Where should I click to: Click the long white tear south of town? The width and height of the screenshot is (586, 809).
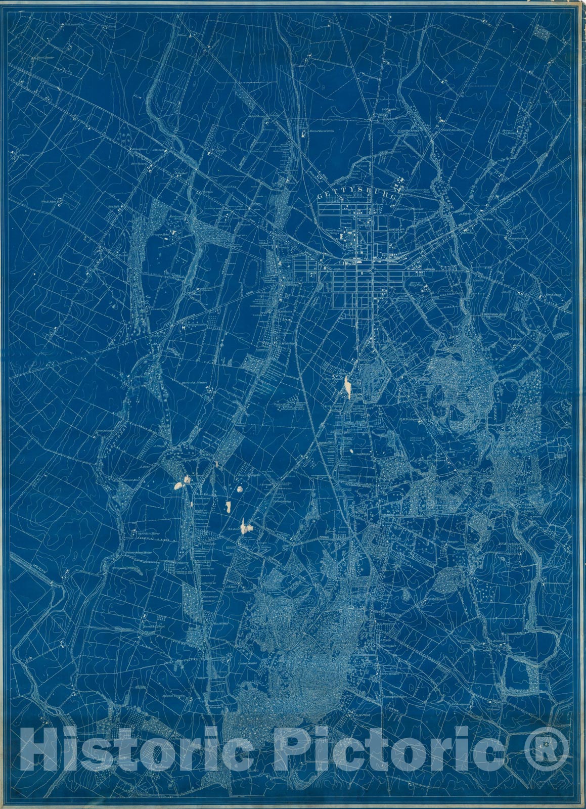click(x=347, y=387)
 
